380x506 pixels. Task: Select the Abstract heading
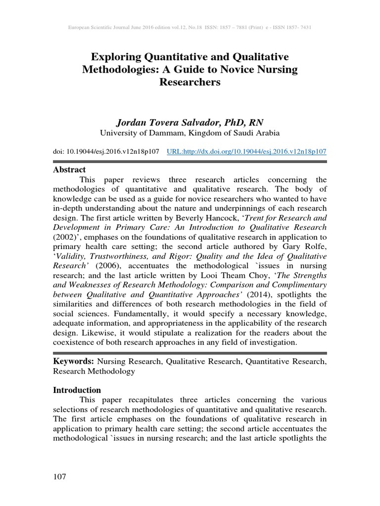[69, 169]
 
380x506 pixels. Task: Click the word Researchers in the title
[190, 82]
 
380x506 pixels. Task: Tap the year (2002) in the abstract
[65, 236]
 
